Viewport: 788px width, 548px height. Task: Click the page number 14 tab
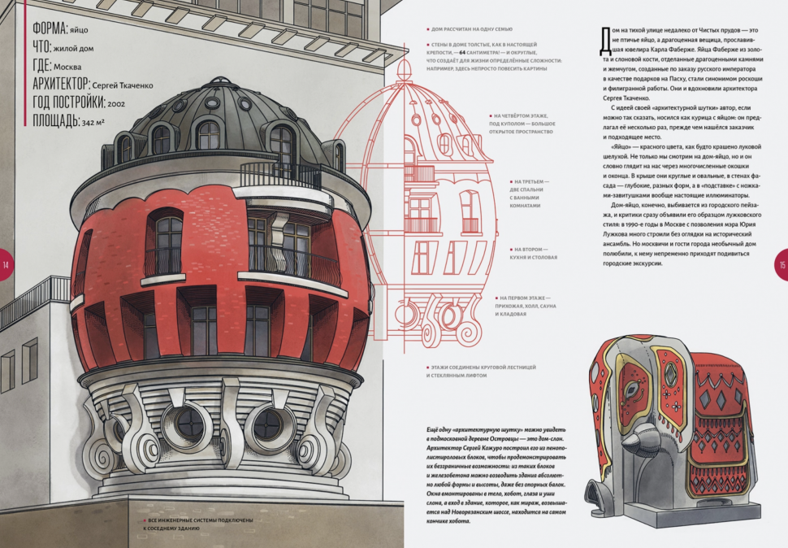6,266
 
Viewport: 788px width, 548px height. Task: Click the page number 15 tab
782,266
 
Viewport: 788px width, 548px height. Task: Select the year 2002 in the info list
116,103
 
